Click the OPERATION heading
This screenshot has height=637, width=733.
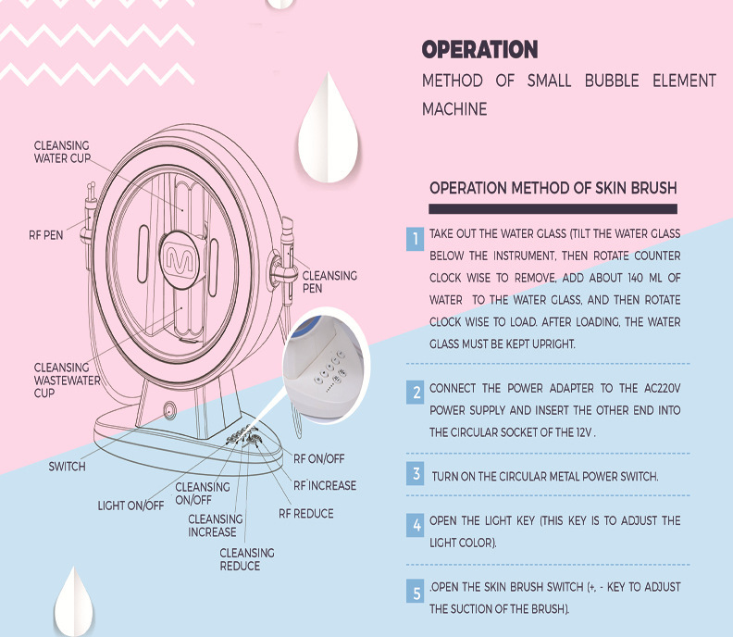click(479, 50)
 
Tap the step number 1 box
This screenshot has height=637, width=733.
click(415, 240)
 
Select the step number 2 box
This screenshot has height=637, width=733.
click(415, 393)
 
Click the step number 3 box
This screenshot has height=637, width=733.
click(415, 475)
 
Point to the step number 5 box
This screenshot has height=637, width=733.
click(415, 591)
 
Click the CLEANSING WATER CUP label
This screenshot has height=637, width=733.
click(62, 152)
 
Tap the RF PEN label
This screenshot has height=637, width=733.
click(45, 235)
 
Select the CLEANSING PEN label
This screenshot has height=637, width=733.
click(329, 281)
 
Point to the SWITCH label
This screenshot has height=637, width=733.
click(67, 467)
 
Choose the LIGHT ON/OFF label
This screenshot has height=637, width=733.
click(130, 506)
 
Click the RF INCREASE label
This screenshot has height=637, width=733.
click(324, 485)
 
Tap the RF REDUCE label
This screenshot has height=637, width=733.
click(306, 513)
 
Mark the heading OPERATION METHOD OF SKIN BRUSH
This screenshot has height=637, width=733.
click(553, 188)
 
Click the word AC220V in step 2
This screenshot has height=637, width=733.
click(658, 388)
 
